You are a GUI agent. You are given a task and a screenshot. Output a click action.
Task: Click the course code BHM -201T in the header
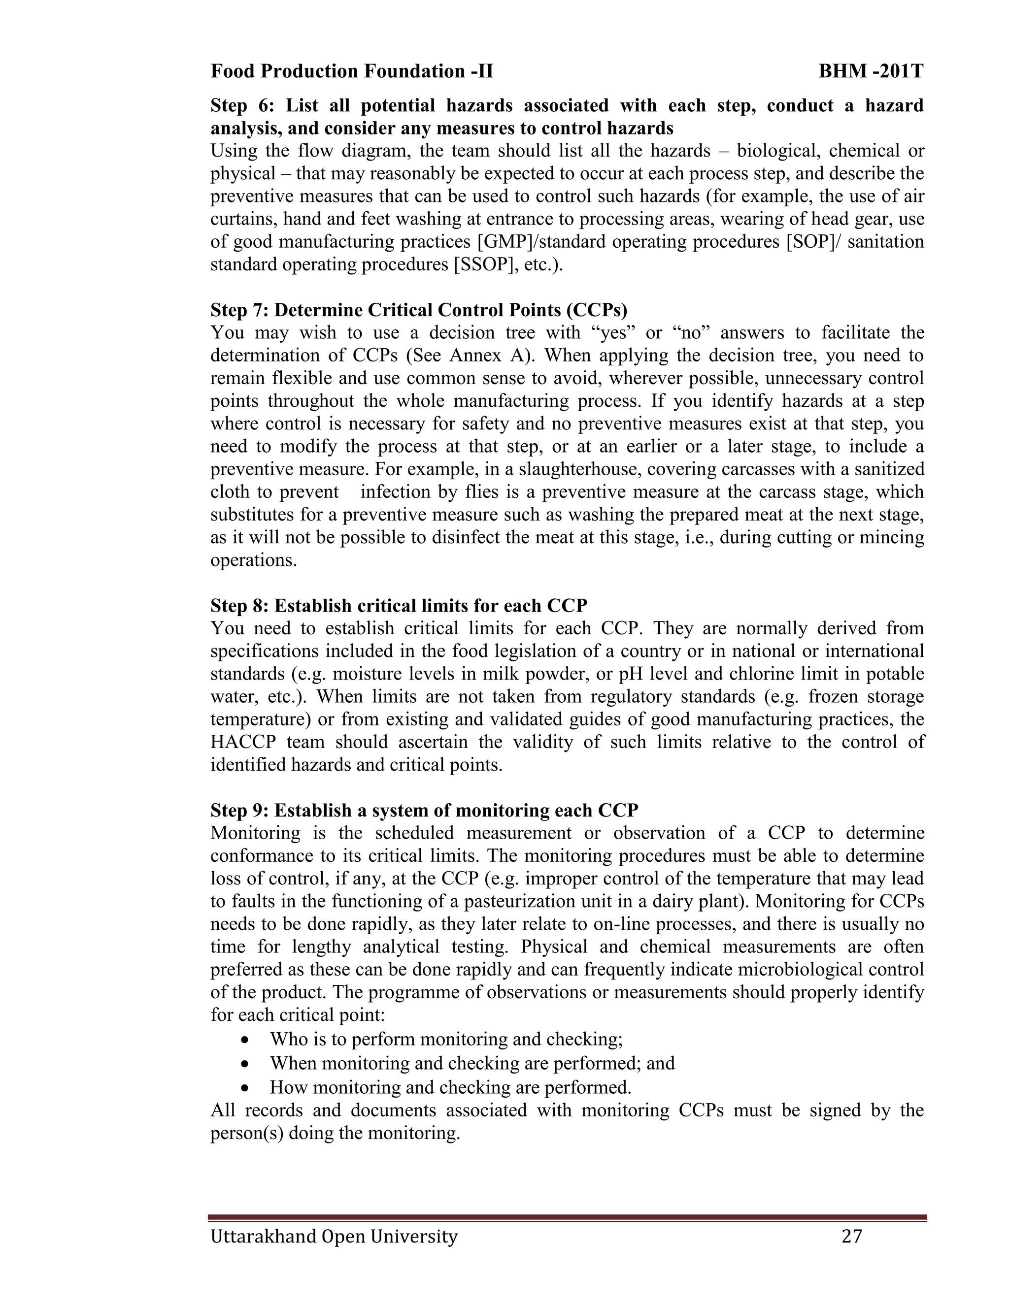tap(871, 72)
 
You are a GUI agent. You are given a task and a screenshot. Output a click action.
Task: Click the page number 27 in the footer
tap(852, 1236)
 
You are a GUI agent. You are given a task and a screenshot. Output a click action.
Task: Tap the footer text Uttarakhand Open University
tap(334, 1236)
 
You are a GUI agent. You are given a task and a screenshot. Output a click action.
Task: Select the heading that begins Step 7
tap(418, 310)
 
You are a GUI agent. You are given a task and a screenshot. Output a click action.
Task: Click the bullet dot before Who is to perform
tap(244, 1040)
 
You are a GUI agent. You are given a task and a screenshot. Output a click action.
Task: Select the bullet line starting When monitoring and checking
tap(472, 1064)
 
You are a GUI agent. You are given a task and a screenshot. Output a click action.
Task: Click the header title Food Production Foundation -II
tap(351, 72)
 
